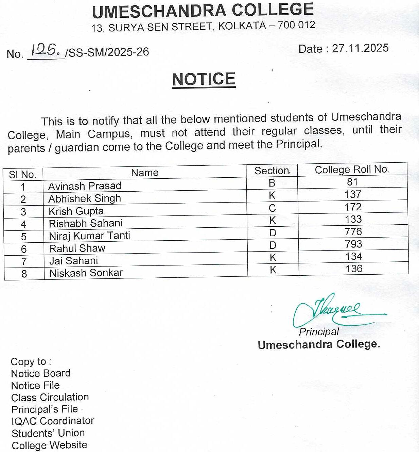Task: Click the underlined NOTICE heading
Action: (x=204, y=79)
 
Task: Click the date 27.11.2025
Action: (x=360, y=48)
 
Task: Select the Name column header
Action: (x=145, y=173)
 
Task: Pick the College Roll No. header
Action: (x=352, y=169)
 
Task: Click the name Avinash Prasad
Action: (x=85, y=186)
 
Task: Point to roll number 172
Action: (x=353, y=207)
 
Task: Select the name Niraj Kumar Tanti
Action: (x=89, y=236)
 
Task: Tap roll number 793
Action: (x=353, y=244)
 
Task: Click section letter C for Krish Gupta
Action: (x=272, y=208)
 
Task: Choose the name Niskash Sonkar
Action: (x=86, y=273)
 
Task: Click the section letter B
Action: (x=272, y=183)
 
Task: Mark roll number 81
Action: (x=352, y=182)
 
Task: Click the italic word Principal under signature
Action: (x=319, y=332)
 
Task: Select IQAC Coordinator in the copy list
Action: (x=53, y=421)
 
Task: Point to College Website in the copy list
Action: (x=50, y=445)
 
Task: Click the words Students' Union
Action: (x=48, y=433)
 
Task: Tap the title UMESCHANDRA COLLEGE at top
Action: (x=203, y=11)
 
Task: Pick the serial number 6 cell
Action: (x=24, y=249)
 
